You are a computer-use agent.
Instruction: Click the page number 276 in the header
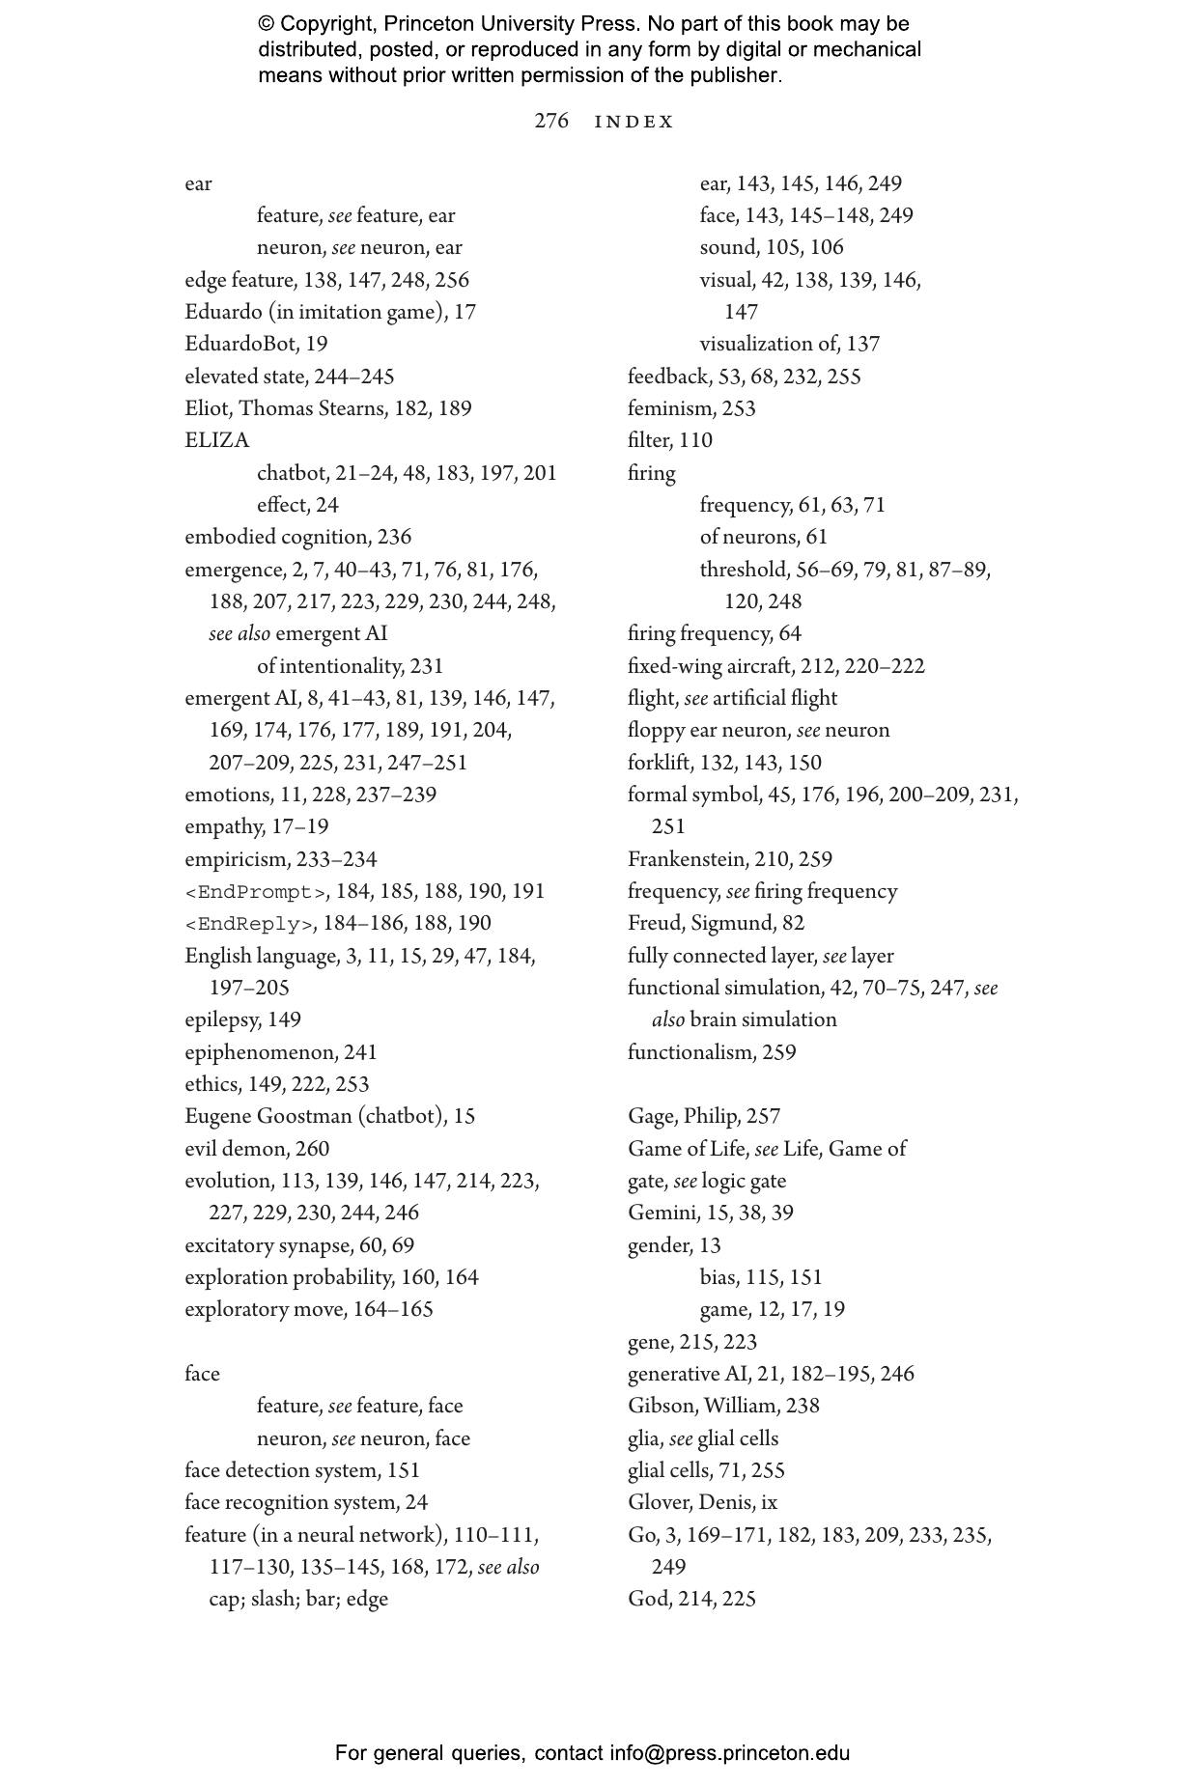coord(551,121)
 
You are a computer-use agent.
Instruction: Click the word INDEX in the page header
coord(634,122)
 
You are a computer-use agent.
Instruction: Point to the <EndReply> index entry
coord(248,924)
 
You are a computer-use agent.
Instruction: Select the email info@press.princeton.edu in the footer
coord(729,1753)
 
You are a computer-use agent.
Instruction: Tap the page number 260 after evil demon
coord(312,1149)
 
